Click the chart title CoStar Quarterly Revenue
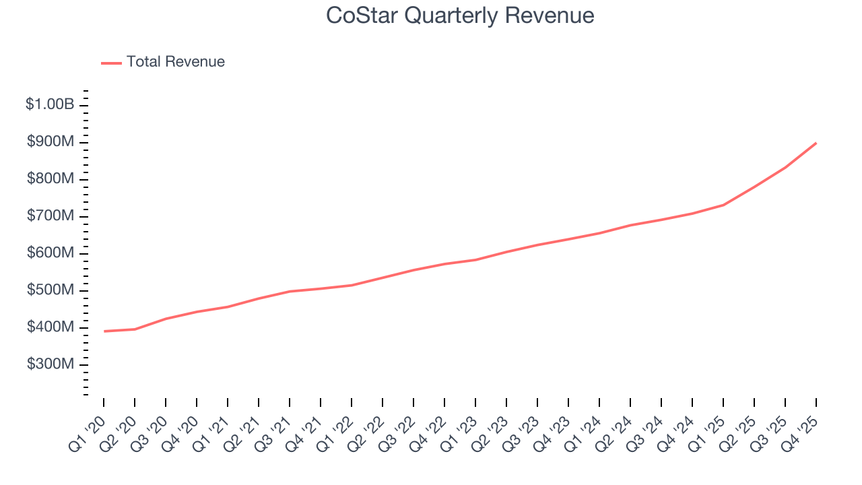(460, 15)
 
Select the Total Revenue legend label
(175, 62)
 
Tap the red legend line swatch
(111, 63)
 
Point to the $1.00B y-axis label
(50, 104)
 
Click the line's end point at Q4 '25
(816, 143)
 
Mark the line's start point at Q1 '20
(104, 331)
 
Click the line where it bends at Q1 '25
(723, 205)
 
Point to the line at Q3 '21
(290, 291)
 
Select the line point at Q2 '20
(135, 329)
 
